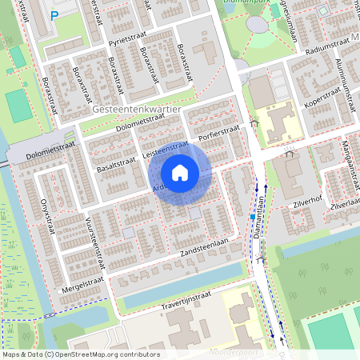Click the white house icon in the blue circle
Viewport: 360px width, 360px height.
point(180,172)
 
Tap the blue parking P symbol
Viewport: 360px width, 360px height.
point(54,14)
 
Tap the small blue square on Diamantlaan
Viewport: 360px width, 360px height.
point(252,216)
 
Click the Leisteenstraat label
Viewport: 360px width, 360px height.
point(163,149)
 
